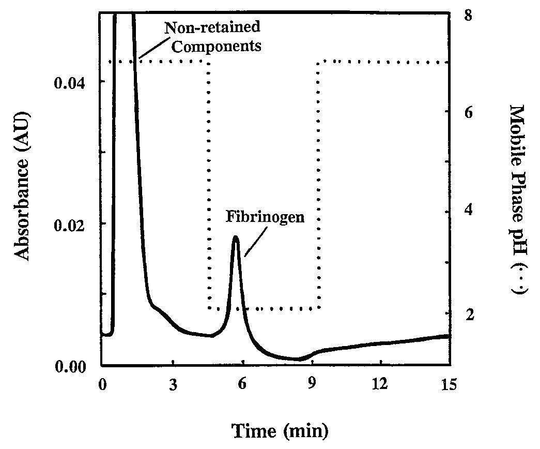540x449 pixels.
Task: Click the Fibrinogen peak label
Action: coord(265,216)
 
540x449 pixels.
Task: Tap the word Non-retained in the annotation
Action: coord(212,27)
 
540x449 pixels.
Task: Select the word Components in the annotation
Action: coord(217,46)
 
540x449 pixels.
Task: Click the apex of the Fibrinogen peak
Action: coord(236,237)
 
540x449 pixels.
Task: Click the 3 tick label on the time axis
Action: coord(173,385)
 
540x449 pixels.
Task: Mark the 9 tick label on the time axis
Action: coord(312,385)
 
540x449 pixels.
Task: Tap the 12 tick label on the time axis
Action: coord(380,385)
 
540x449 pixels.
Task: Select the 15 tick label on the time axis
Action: coord(450,385)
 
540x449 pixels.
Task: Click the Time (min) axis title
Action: coord(279,430)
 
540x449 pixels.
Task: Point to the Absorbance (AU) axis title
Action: coord(22,187)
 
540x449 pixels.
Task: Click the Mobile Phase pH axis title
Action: coord(517,199)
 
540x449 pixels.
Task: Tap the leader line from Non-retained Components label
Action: coord(150,49)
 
